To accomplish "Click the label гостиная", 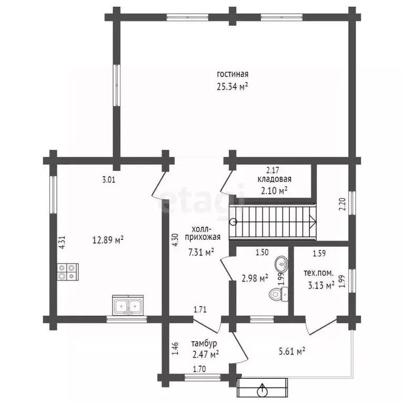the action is point(233,74).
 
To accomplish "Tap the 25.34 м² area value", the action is point(233,86).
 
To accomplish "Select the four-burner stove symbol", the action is point(68,272).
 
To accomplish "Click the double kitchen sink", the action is point(128,305).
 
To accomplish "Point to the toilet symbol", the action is point(278,294).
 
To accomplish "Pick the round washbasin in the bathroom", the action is point(281,264).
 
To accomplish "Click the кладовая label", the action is point(275,179).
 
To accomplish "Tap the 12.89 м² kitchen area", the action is point(108,240).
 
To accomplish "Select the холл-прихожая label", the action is point(203,233).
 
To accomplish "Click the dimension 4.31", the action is point(63,243).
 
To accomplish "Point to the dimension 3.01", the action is point(109,179).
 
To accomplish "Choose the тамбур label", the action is point(204,344).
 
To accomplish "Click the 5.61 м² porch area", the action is point(292,351).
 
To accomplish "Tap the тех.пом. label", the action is point(319,273).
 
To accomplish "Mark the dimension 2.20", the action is point(342,204).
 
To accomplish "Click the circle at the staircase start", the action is point(234,221).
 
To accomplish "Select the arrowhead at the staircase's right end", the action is point(313,221).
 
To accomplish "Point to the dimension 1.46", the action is point(175,349).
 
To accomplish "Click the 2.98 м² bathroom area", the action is point(255,278).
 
